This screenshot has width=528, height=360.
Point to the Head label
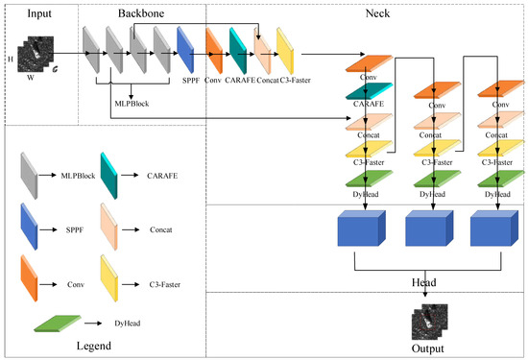pos(422,283)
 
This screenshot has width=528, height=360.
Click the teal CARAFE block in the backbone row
pos(237,45)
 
